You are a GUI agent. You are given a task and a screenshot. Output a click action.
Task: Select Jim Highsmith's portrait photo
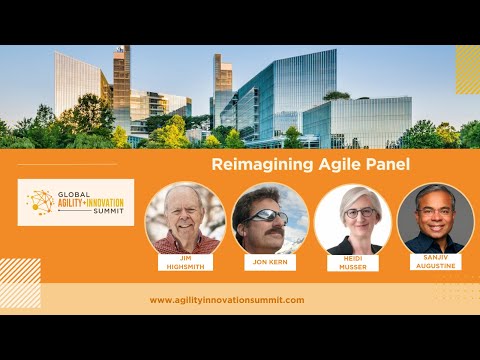pos(184,217)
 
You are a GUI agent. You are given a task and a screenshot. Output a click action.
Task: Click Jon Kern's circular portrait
pos(270,219)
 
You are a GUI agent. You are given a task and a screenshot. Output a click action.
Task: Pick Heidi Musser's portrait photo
pos(353,219)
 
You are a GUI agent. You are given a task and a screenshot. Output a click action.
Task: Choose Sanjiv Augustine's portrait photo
pos(435,219)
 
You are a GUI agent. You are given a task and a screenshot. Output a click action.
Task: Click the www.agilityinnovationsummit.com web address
pos(227,300)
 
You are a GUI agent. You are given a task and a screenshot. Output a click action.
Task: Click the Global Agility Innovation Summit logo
pos(76,202)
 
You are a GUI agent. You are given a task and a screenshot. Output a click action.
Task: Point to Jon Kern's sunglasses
pos(266,214)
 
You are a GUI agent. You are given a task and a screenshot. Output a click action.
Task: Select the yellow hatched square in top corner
pos(467,69)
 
